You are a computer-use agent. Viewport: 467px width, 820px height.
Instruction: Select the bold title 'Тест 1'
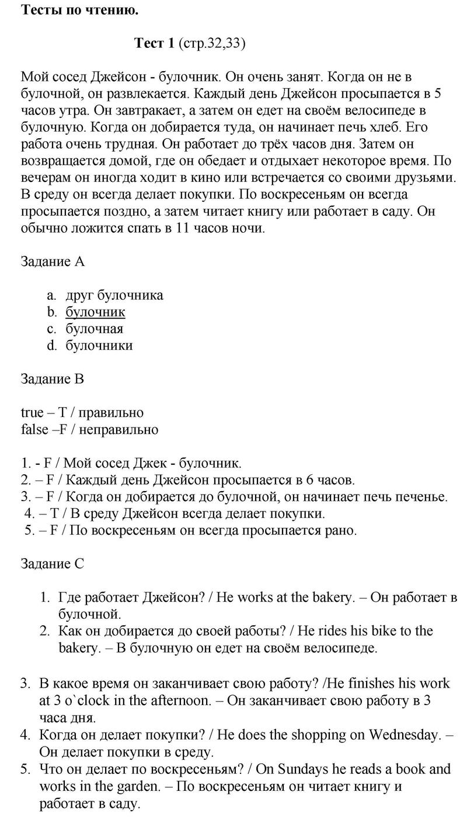point(154,43)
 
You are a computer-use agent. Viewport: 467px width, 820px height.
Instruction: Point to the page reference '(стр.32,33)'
point(212,43)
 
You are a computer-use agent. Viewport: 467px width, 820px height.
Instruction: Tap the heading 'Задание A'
point(53,261)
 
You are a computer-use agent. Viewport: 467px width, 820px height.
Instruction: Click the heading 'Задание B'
point(53,379)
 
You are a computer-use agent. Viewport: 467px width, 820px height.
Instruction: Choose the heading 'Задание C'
point(53,563)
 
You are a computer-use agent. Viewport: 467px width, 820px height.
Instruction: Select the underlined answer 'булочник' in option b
point(95,312)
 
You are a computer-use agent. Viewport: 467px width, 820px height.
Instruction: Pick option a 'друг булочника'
point(114,295)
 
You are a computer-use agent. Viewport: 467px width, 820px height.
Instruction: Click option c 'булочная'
point(95,328)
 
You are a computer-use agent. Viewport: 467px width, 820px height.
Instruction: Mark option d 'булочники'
point(99,345)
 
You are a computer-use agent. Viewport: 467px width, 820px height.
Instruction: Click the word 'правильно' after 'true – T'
point(111,413)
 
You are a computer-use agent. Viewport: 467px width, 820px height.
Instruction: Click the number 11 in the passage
point(183,228)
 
